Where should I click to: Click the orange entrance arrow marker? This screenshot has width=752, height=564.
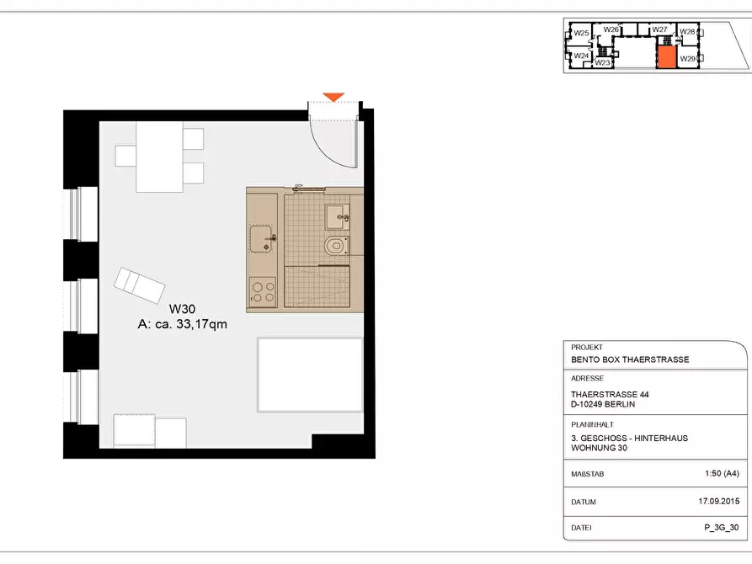[x=333, y=97]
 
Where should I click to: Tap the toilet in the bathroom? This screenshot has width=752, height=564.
[x=336, y=246]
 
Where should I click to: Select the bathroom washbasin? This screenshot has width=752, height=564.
[x=338, y=217]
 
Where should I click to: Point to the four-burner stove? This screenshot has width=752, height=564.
[x=263, y=292]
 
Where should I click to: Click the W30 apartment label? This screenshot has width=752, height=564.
[x=182, y=309]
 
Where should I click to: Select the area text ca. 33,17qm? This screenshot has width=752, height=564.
[x=191, y=325]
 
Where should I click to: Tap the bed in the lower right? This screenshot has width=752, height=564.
[x=310, y=375]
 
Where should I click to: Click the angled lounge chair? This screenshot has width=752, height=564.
[x=139, y=285]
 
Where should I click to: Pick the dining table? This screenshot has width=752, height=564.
[x=159, y=157]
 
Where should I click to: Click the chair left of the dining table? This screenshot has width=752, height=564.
[x=125, y=156]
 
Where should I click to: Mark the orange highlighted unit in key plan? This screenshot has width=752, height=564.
[x=666, y=57]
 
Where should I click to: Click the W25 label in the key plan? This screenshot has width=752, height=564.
[x=581, y=33]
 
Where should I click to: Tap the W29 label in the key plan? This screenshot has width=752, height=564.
[x=687, y=59]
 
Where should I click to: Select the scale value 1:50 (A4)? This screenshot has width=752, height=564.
[x=722, y=473]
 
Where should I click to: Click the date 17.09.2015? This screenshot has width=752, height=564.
[x=719, y=501]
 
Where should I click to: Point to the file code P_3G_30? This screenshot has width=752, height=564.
[x=722, y=528]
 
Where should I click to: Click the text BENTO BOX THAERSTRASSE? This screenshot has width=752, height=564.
[x=630, y=359]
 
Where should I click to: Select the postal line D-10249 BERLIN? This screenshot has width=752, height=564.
[x=603, y=404]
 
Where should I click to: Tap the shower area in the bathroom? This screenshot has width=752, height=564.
[x=317, y=286]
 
